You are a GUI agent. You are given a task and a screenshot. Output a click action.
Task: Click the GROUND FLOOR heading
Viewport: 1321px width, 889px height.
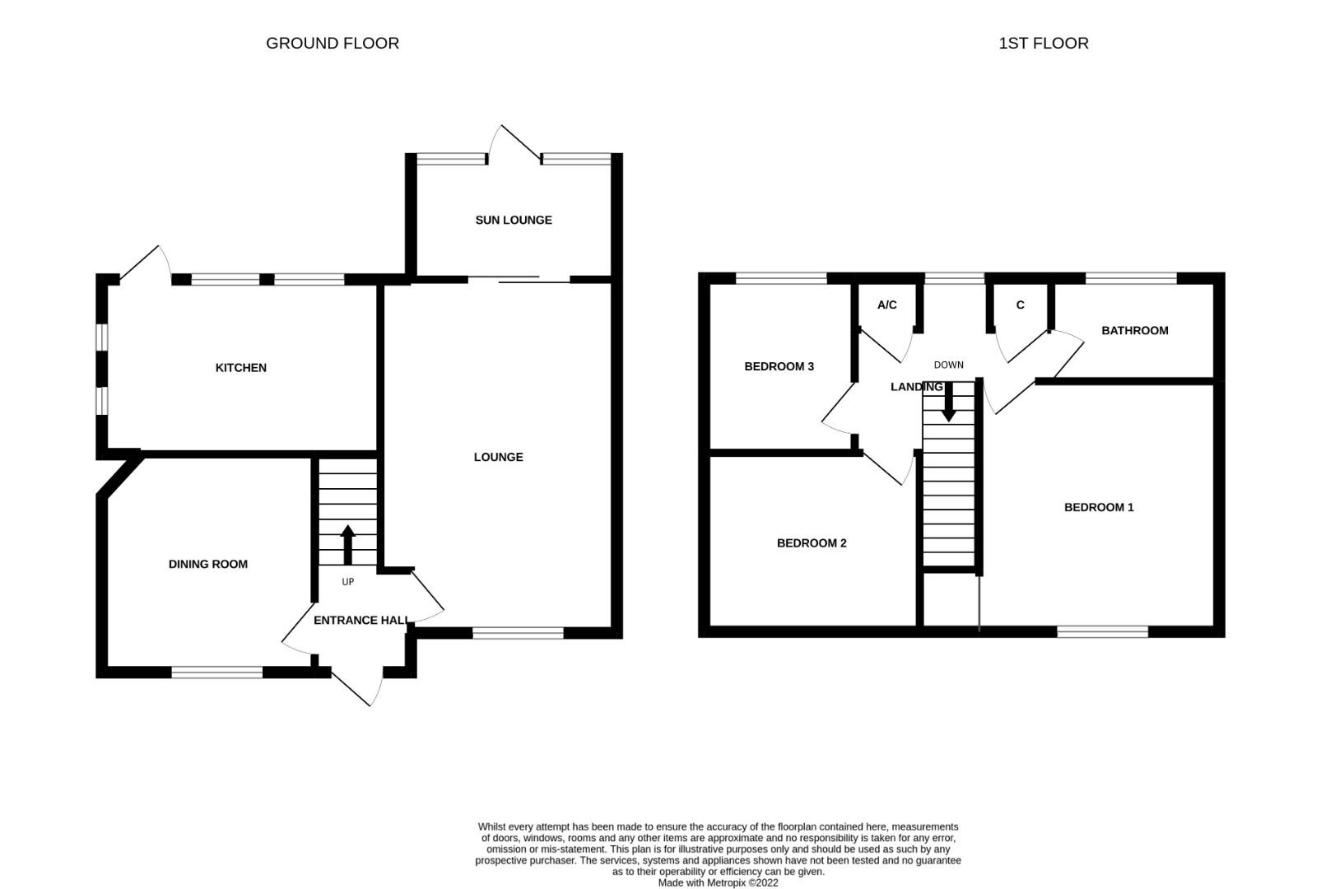[x=333, y=44]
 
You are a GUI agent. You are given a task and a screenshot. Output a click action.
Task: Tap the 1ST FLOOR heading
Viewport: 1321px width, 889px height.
[x=1043, y=44]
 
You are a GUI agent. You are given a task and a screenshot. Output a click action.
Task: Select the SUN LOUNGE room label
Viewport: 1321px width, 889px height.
[x=514, y=221]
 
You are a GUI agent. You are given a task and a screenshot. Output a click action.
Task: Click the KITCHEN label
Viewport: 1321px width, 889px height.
[x=241, y=368]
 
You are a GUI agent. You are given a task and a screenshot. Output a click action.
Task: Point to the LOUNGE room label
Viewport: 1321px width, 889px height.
[x=498, y=458]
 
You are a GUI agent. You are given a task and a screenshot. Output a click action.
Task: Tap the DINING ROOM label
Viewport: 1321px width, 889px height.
[x=208, y=565]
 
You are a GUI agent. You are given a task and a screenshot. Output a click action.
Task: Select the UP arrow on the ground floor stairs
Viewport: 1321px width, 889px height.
[x=347, y=544]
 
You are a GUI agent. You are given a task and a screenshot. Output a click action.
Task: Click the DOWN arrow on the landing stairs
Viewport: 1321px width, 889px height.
[x=948, y=403]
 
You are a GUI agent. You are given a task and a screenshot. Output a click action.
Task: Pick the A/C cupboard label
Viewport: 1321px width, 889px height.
[x=886, y=305]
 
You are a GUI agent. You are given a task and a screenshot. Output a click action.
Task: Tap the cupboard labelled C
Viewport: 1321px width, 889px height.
[x=1021, y=305]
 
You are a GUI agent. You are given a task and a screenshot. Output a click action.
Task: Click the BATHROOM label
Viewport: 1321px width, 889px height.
[x=1135, y=331]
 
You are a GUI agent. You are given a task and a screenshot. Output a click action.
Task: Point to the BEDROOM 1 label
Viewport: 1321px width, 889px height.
[x=1099, y=508]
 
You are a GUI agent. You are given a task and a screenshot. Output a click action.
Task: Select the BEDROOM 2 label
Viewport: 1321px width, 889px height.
[x=812, y=543]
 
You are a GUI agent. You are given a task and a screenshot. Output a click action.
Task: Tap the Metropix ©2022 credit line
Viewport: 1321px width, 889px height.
[x=718, y=882]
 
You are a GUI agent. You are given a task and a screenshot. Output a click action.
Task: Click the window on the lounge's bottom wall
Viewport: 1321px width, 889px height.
[x=518, y=633]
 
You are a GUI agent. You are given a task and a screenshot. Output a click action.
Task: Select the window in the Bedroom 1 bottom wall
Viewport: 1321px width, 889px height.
[x=1102, y=632]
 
